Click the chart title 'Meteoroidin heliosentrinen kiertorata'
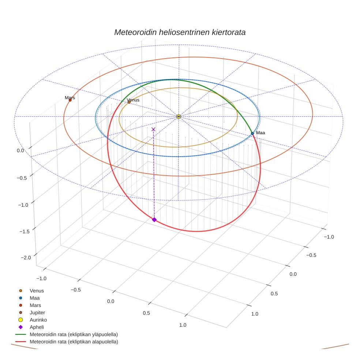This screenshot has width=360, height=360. point(180,32)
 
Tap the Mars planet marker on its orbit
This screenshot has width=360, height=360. point(70,100)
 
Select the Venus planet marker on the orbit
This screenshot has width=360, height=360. point(129,102)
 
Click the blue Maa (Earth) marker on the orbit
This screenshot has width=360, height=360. point(252,134)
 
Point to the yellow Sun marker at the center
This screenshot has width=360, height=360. point(179,116)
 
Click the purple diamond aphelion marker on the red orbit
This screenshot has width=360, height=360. point(154,220)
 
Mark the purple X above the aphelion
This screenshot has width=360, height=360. point(153,129)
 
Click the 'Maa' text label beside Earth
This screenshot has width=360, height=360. point(260,133)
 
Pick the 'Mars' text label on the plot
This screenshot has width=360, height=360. point(70,98)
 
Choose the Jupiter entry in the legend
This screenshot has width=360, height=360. point(37,312)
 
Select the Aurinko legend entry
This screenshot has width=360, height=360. point(38,320)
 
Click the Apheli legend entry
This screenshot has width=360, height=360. point(37,327)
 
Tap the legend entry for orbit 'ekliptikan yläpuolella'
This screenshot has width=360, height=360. point(74,334)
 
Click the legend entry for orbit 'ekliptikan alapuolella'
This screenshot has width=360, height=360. point(74,342)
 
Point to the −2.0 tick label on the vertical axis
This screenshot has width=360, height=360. point(28,258)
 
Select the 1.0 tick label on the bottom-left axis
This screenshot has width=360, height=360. point(182,325)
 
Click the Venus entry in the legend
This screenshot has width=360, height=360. point(37,290)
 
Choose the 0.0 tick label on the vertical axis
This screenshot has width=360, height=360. point(20,150)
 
